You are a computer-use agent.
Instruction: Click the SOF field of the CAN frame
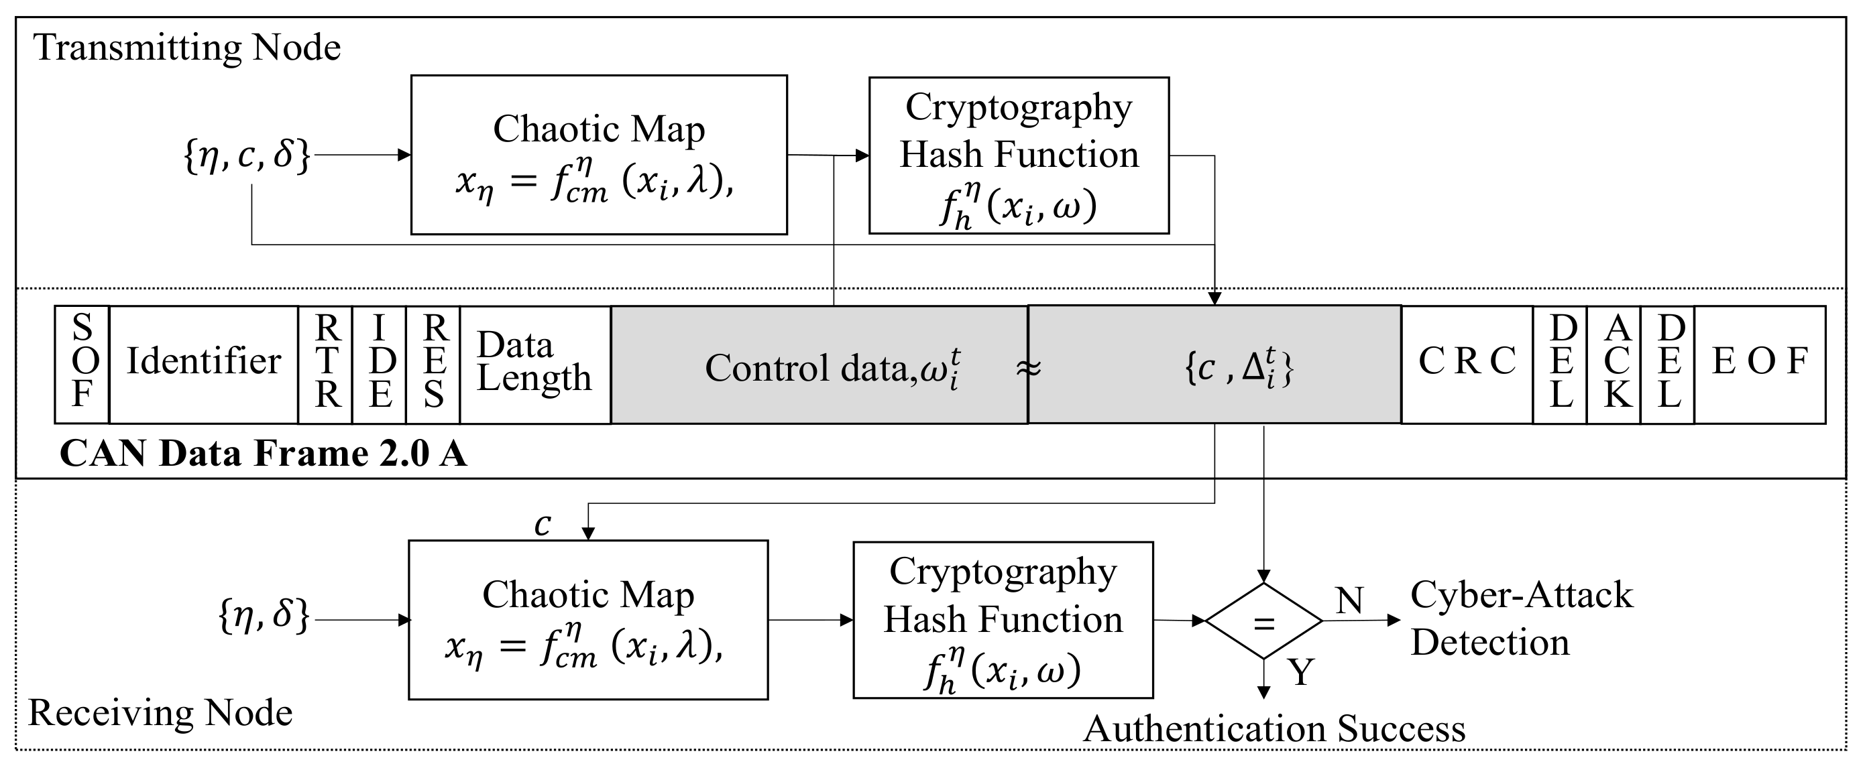[82, 364]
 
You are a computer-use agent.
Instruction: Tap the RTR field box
[326, 364]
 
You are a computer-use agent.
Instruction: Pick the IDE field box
[380, 364]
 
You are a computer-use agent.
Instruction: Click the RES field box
[433, 364]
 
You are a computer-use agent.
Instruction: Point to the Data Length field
[534, 363]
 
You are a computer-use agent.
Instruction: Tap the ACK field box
[1614, 364]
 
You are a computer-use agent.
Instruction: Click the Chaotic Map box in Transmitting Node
[599, 155]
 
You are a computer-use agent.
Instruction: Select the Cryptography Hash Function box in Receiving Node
[1003, 620]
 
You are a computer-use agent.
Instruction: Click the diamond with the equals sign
[1263, 622]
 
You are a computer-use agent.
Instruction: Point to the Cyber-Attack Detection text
[1520, 619]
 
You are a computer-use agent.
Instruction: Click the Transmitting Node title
[188, 48]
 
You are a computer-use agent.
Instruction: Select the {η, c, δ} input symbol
[247, 155]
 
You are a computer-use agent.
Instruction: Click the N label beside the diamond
[1349, 600]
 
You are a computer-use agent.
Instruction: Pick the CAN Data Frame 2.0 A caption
[264, 454]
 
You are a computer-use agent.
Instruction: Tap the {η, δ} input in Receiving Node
[264, 617]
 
